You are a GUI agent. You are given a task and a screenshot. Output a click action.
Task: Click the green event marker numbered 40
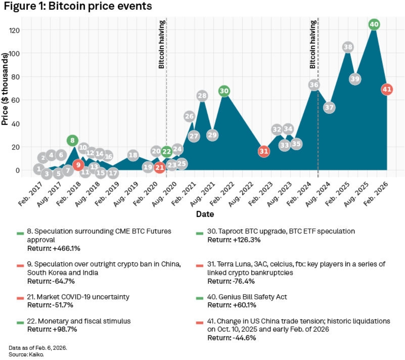click(374, 25)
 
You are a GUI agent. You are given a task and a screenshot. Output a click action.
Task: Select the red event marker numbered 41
click(387, 90)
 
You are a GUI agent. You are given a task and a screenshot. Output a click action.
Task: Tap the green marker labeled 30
click(224, 91)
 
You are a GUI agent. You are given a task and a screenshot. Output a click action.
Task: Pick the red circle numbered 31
click(264, 151)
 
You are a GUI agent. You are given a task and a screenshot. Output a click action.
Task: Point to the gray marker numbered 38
click(348, 47)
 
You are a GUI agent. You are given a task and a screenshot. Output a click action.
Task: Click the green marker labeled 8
click(73, 141)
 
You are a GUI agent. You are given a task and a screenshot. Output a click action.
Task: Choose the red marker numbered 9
click(78, 164)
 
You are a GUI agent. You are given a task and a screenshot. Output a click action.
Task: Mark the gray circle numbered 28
click(202, 96)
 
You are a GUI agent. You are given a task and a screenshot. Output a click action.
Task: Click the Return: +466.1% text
click(54, 248)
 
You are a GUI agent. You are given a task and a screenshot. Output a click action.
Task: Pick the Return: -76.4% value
click(234, 281)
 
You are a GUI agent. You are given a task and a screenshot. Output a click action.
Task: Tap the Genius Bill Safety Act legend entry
click(247, 297)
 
